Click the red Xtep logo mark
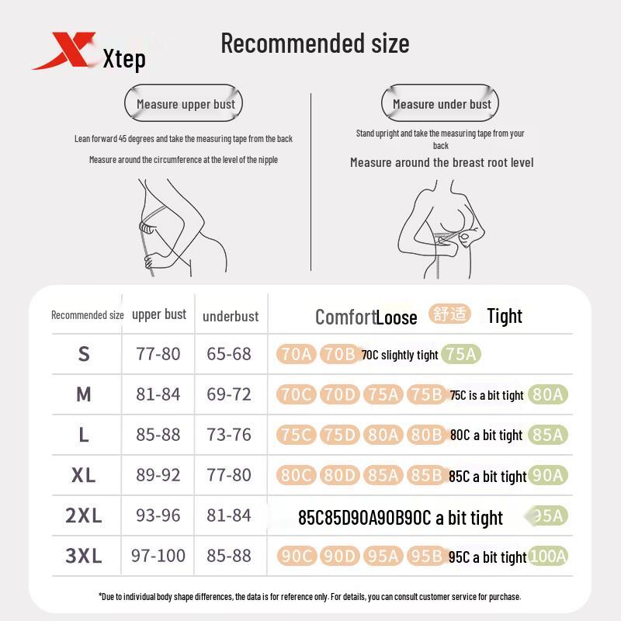[64, 50]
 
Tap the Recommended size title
[314, 43]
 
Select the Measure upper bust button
[185, 104]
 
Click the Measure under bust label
[441, 104]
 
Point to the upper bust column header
[159, 314]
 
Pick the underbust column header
[231, 316]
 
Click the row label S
[84, 354]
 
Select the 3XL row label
[84, 556]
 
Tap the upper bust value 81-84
[158, 394]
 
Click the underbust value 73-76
[229, 435]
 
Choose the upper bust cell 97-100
[158, 556]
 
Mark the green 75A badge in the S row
[462, 355]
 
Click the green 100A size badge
[548, 556]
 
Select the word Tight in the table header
[505, 316]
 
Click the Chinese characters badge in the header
[449, 314]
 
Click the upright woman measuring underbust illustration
[439, 225]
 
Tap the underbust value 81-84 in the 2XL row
[229, 515]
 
